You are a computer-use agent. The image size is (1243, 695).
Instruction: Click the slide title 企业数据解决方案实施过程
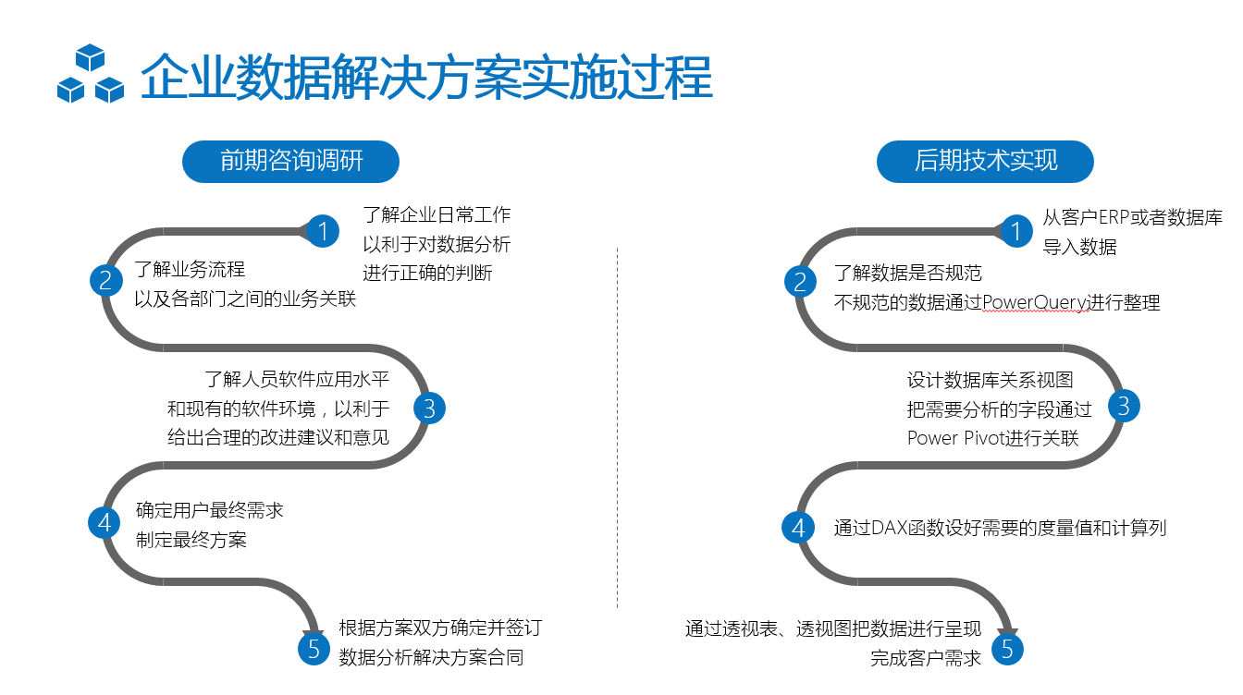(x=425, y=78)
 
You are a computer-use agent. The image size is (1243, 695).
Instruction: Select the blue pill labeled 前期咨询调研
(x=291, y=161)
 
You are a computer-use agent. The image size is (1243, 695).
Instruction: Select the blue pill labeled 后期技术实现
(x=985, y=161)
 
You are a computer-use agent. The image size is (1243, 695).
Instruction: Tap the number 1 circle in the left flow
(x=322, y=230)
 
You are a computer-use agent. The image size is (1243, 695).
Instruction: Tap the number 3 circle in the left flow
(x=428, y=408)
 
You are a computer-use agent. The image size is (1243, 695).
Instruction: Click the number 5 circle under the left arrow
(x=314, y=648)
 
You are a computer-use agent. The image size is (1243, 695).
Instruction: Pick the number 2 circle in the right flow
(x=800, y=281)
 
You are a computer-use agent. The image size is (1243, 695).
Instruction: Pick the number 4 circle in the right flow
(x=798, y=527)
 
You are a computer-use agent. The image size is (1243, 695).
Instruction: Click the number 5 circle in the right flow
(x=1008, y=649)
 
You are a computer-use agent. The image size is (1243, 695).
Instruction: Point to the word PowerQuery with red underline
(x=1036, y=303)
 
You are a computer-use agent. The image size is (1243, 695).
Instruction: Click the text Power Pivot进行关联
(x=992, y=438)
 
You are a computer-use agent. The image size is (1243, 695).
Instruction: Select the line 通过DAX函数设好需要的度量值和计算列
(x=1000, y=528)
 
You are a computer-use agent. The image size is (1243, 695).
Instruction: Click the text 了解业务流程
(x=190, y=270)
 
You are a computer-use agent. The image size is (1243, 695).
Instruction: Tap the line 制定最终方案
(x=191, y=540)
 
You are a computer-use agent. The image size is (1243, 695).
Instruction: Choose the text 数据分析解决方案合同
(x=431, y=658)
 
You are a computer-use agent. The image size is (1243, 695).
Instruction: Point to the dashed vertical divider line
(x=617, y=425)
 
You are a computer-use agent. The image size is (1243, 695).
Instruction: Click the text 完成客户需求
(x=925, y=659)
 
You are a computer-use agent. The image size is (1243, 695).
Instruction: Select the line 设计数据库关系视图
(x=990, y=380)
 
